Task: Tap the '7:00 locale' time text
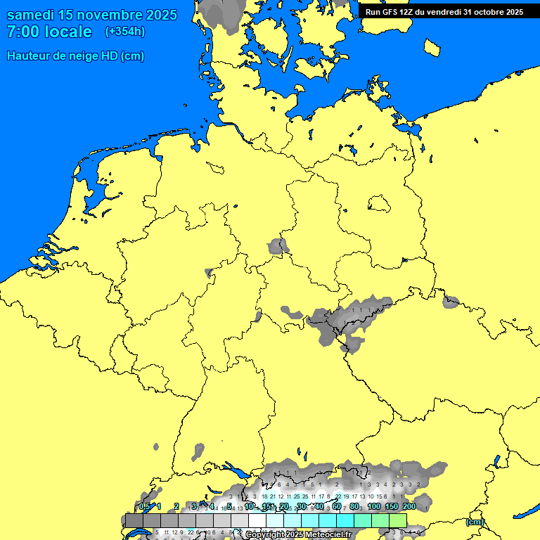click(49, 32)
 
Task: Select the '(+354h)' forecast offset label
click(124, 32)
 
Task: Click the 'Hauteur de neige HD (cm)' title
click(75, 56)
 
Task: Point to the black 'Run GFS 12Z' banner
click(444, 12)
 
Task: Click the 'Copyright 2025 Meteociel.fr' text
click(299, 535)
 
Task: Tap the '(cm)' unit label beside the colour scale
click(475, 522)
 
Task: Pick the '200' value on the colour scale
click(409, 507)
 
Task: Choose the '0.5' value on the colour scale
click(144, 507)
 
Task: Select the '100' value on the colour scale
click(374, 507)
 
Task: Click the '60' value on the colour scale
click(337, 507)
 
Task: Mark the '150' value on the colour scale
click(392, 507)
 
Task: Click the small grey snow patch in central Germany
click(278, 246)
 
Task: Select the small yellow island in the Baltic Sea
click(432, 46)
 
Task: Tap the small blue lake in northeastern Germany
click(380, 203)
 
